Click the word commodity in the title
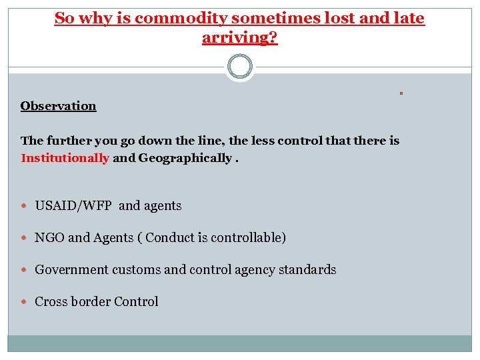pyautogui.click(x=177, y=19)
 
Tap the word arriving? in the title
pyautogui.click(x=239, y=37)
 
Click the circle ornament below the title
pyautogui.click(x=240, y=67)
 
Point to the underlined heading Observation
pyautogui.click(x=58, y=106)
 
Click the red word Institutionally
pyautogui.click(x=65, y=158)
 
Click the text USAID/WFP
pyautogui.click(x=74, y=206)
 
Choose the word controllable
pyautogui.click(x=247, y=238)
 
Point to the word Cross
pyautogui.click(x=50, y=302)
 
